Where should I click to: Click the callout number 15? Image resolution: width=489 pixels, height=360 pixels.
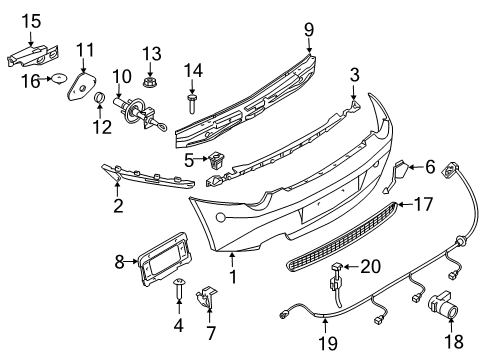point(32,21)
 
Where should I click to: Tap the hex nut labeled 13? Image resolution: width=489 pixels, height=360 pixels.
point(150,82)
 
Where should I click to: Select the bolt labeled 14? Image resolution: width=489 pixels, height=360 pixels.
point(192,103)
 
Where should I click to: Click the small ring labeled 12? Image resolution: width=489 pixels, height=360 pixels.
point(100,98)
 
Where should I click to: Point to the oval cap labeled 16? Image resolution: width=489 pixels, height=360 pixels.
point(59,78)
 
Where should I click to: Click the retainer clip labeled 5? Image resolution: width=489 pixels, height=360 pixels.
point(216,161)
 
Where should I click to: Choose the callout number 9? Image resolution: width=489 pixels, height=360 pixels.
point(309,30)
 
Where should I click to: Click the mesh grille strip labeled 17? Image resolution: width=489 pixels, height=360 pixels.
point(342,237)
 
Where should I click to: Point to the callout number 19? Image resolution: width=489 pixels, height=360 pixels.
point(328,343)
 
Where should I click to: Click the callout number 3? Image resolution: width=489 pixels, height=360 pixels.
point(355,75)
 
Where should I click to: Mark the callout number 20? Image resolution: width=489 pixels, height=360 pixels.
point(370,266)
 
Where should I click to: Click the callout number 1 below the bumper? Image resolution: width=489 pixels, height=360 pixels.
point(233,276)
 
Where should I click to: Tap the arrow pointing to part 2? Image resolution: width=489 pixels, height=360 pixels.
point(117,188)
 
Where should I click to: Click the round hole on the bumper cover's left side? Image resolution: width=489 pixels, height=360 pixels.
point(221,218)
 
